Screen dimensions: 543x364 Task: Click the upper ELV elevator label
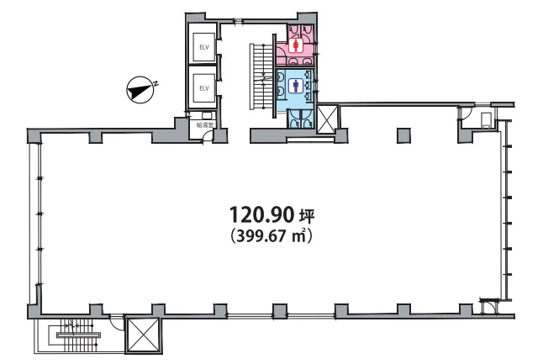tap(204, 47)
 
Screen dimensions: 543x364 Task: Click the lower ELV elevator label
tap(204, 88)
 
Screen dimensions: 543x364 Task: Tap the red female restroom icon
tap(296, 45)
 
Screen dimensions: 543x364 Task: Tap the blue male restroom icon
tap(296, 86)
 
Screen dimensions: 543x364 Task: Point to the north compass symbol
tap(140, 90)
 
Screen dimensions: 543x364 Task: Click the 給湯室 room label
tap(205, 125)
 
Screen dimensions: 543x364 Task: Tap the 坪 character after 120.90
tap(307, 216)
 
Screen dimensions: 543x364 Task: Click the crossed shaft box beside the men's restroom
tap(327, 119)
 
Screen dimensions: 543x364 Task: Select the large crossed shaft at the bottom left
tap(144, 335)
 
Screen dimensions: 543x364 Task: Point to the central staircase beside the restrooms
tap(261, 76)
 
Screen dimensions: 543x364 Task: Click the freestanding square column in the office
tap(403, 135)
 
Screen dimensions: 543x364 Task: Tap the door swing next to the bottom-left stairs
tap(117, 323)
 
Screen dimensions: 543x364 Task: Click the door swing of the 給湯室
tap(207, 136)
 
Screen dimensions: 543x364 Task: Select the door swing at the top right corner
tap(466, 113)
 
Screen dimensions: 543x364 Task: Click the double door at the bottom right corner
tap(489, 305)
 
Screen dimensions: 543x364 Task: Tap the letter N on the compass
tap(156, 83)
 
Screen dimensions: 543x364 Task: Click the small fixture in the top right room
tap(486, 119)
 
